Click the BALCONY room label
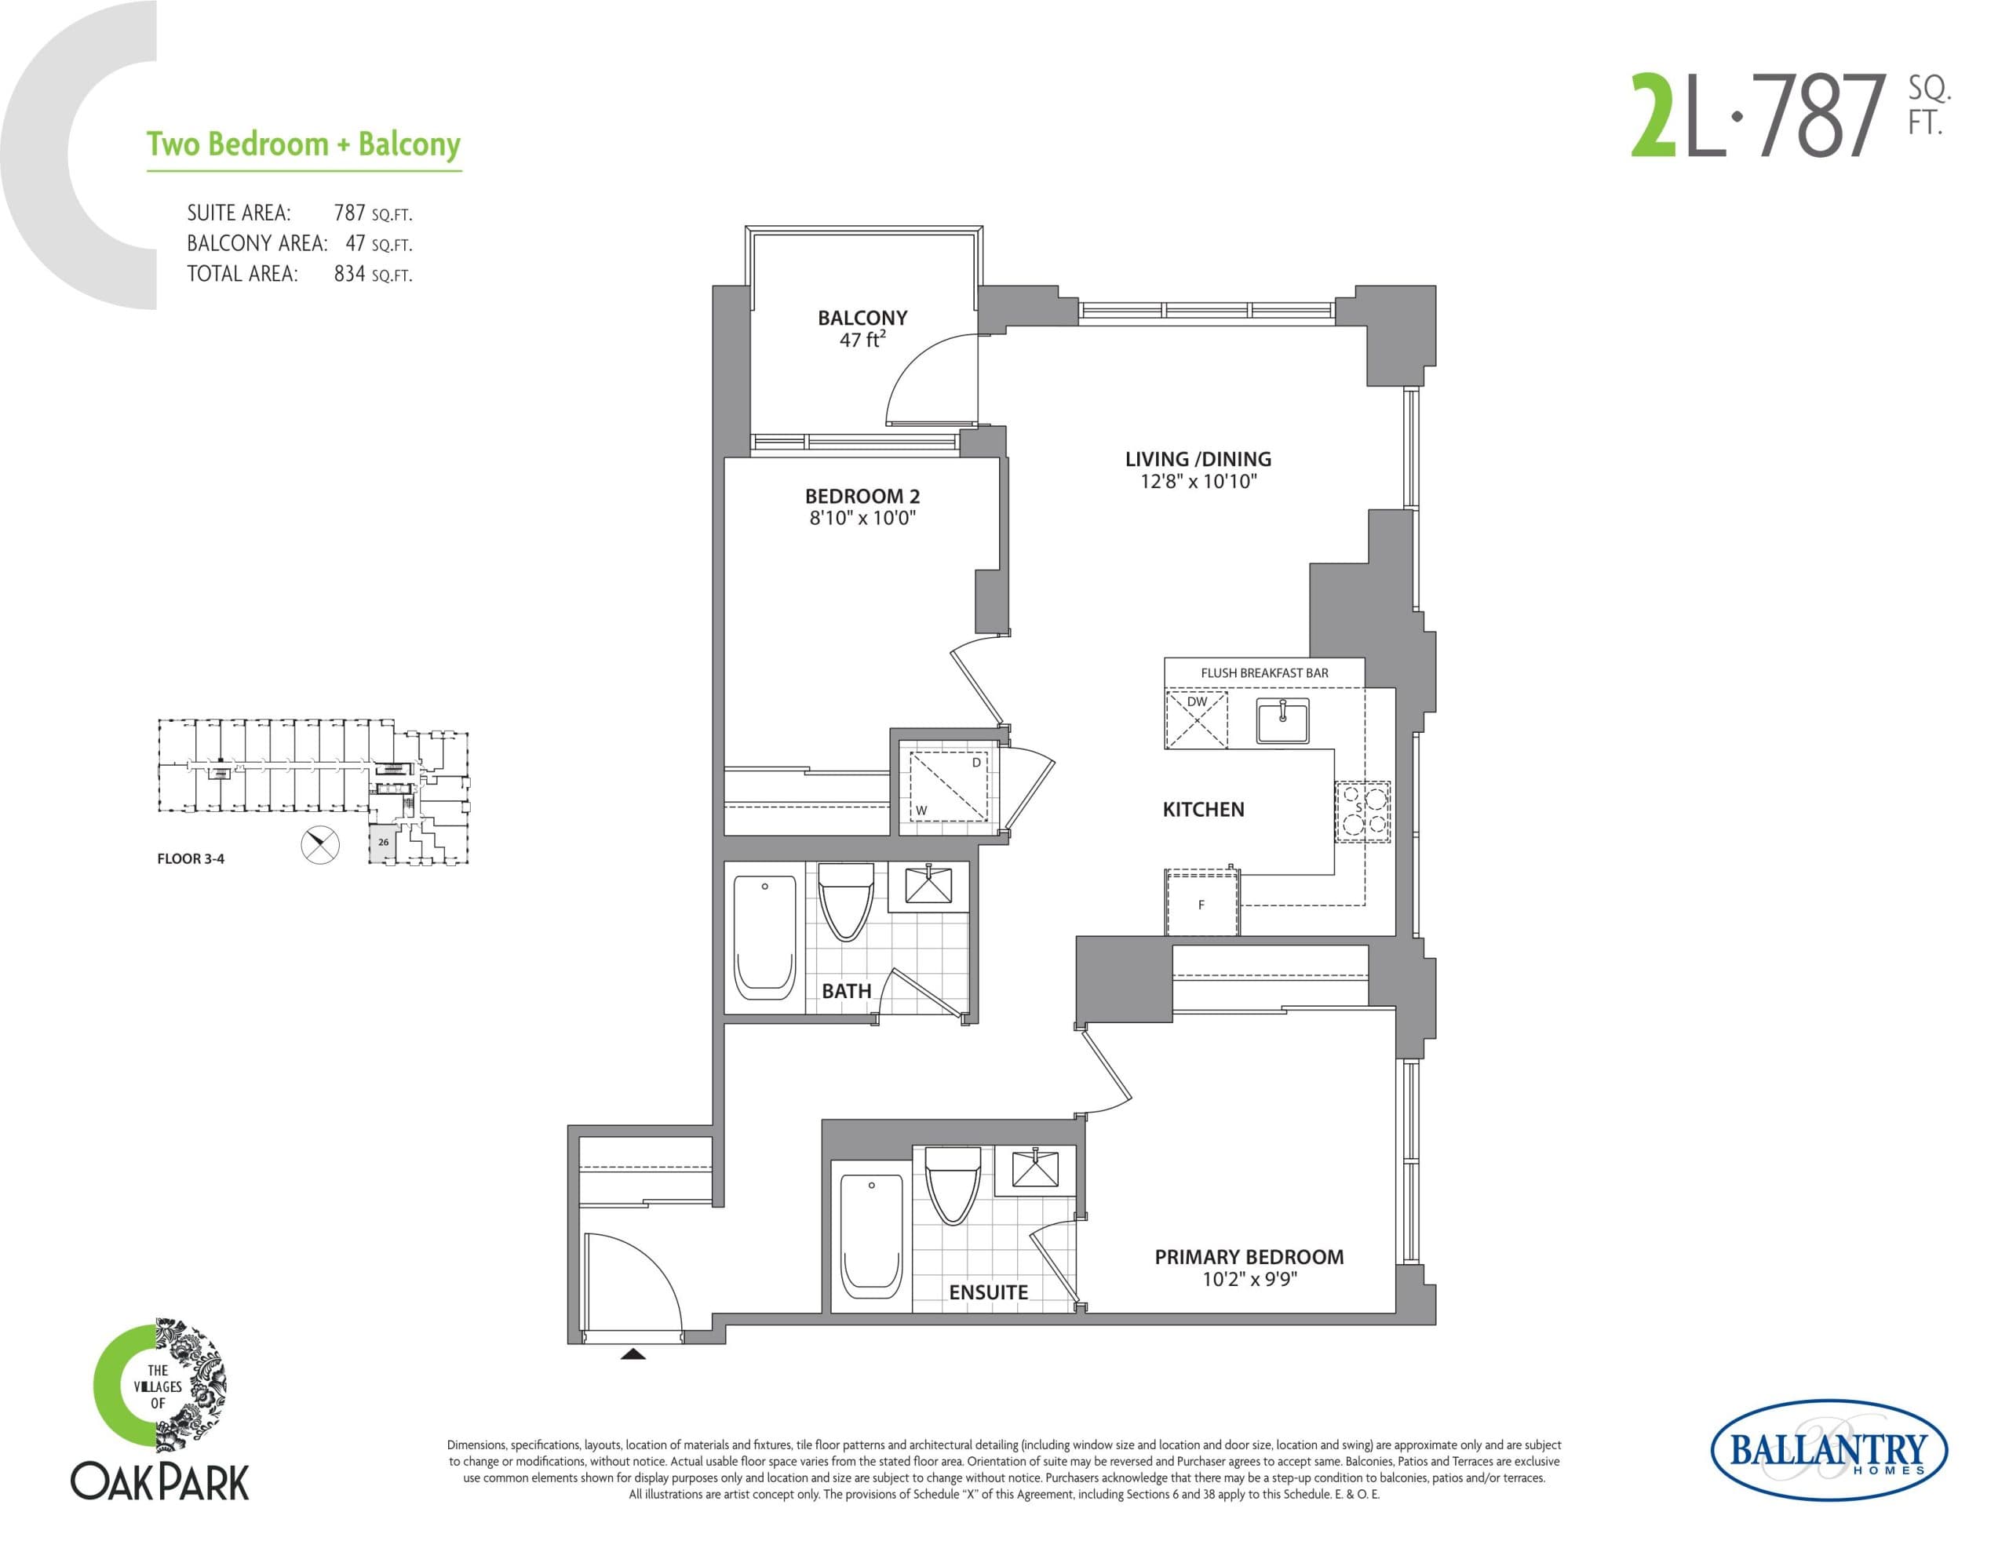862,319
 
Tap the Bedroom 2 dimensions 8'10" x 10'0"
862,518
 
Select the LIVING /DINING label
1198,459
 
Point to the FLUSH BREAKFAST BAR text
1264,672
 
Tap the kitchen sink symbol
1282,720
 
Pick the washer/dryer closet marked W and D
948,786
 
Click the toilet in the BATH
845,900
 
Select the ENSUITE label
988,1292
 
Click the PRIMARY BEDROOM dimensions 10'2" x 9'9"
1249,1279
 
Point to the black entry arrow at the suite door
633,1353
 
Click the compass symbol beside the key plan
320,844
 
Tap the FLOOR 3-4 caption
191,858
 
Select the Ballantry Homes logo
1828,1451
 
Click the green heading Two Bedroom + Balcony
303,144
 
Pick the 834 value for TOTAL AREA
349,274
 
